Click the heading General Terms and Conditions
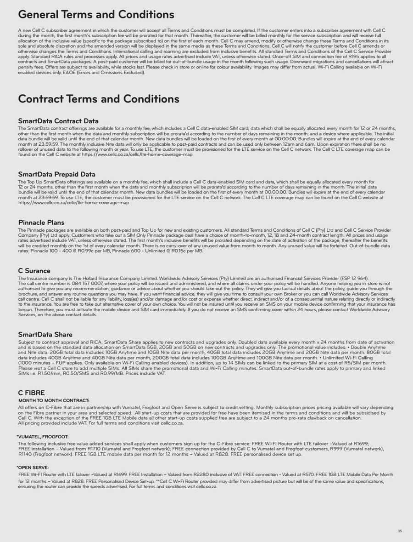click(96, 15)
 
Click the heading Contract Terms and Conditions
click(98, 99)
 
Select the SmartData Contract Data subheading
click(58, 121)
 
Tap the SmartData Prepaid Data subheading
click(56, 174)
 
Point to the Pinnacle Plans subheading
click(41, 223)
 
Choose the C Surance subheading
click(34, 271)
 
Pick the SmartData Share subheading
click(45, 334)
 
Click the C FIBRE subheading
click(31, 393)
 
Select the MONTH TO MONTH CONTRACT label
click(53, 400)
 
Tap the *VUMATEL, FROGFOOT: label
click(42, 437)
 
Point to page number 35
click(400, 531)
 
